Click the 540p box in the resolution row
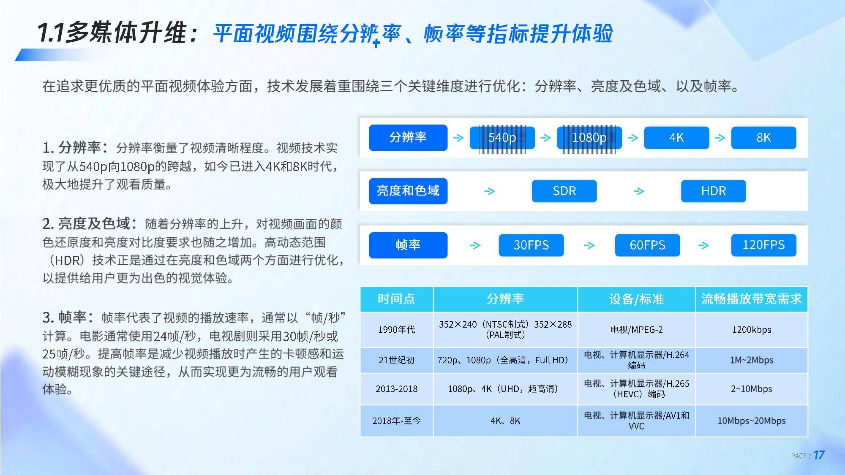pyautogui.click(x=502, y=138)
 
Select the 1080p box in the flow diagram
pyautogui.click(x=589, y=138)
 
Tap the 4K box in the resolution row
pyautogui.click(x=676, y=138)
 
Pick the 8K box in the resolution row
pyautogui.click(x=763, y=138)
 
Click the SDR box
pyautogui.click(x=564, y=191)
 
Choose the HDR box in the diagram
pyautogui.click(x=713, y=191)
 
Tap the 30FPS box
pyautogui.click(x=531, y=245)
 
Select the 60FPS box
pyautogui.click(x=647, y=245)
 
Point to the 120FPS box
pyautogui.click(x=763, y=245)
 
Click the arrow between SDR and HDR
pyautogui.click(x=639, y=191)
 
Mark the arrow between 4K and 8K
pyautogui.click(x=720, y=138)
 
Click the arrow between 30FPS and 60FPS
pyautogui.click(x=589, y=245)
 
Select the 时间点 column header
pyautogui.click(x=396, y=299)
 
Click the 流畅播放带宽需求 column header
pyautogui.click(x=751, y=299)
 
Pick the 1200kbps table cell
pyautogui.click(x=752, y=330)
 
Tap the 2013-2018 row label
pyautogui.click(x=396, y=389)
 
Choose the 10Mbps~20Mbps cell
pyautogui.click(x=752, y=421)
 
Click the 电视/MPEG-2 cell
pyautogui.click(x=636, y=330)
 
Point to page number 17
pyautogui.click(x=819, y=455)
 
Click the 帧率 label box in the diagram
pyautogui.click(x=408, y=245)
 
